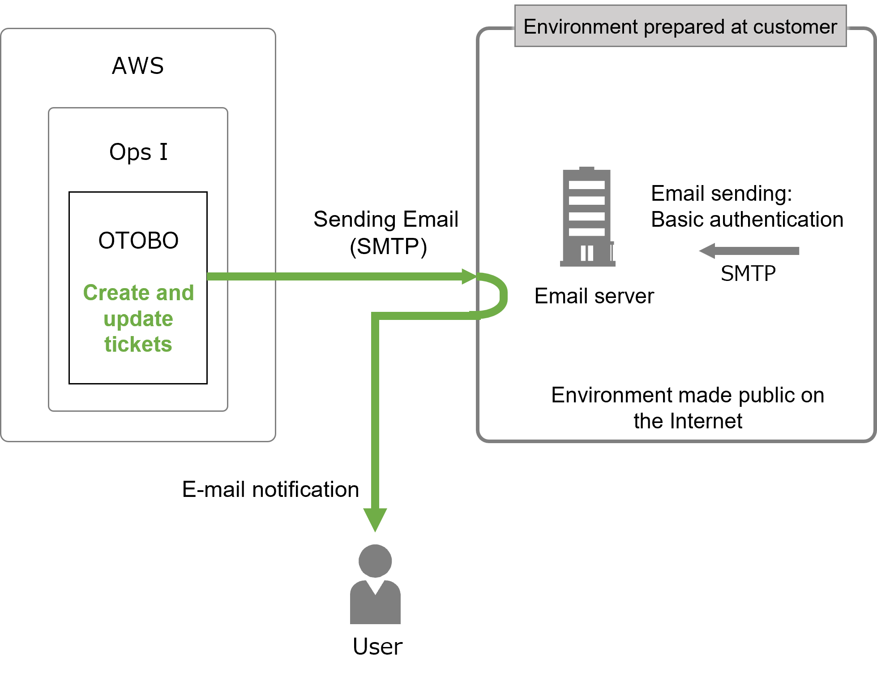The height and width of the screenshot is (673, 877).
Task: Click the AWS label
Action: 138,66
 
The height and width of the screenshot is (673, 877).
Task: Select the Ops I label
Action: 138,152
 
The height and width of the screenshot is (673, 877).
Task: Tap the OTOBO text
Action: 138,241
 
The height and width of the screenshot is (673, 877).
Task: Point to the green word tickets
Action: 138,345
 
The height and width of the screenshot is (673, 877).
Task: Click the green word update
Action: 138,319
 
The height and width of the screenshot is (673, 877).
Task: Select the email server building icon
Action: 587,217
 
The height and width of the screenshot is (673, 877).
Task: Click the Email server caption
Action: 594,296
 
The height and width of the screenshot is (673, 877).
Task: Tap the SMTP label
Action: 748,274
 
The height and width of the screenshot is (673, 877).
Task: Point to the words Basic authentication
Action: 747,220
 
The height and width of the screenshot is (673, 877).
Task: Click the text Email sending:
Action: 721,194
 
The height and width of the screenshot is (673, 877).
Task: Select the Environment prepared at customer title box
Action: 680,26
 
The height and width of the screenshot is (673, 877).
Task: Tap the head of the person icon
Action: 375,561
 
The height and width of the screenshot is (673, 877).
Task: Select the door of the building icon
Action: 587,253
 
